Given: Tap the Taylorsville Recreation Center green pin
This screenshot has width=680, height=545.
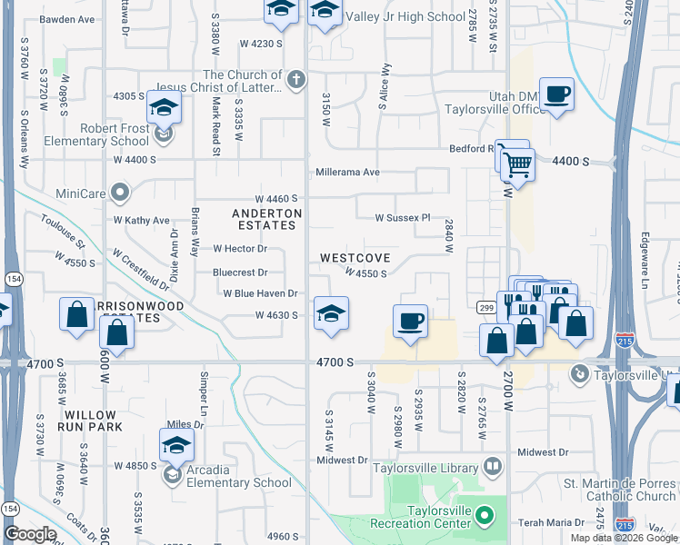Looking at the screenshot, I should pyautogui.click(x=484, y=515).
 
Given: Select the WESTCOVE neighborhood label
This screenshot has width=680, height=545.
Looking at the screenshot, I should pyautogui.click(x=355, y=258).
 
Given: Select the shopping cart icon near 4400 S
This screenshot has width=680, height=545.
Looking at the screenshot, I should pyautogui.click(x=517, y=166).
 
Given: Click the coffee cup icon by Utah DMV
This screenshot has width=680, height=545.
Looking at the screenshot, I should pyautogui.click(x=556, y=94).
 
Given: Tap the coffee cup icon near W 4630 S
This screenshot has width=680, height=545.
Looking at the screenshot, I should pyautogui.click(x=410, y=320).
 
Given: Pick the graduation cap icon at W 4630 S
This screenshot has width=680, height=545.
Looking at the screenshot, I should pyautogui.click(x=331, y=313).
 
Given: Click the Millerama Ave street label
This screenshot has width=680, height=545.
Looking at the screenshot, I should pyautogui.click(x=347, y=172).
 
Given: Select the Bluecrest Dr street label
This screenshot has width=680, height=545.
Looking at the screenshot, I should pyautogui.click(x=240, y=272).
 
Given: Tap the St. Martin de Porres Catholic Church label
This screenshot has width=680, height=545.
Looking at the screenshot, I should pyautogui.click(x=619, y=490).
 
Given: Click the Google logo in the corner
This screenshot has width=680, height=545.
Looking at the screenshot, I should pyautogui.click(x=29, y=533).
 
